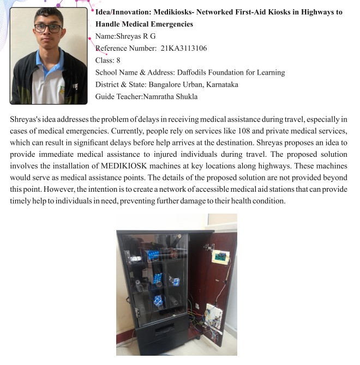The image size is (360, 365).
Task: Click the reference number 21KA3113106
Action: (x=184, y=48)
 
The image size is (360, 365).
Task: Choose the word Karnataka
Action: (x=218, y=84)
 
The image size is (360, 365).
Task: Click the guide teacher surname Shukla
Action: (x=185, y=96)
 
